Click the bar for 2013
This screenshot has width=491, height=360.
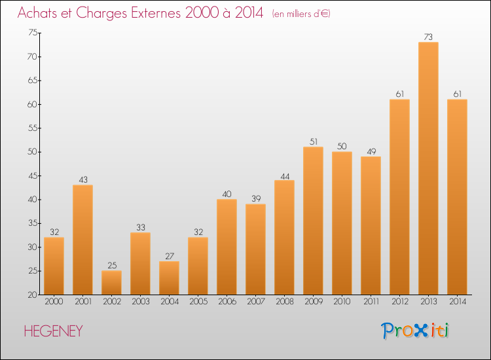pyautogui.click(x=428, y=168)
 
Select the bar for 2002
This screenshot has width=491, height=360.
pyautogui.click(x=111, y=283)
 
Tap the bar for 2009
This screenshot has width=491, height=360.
pyautogui.click(x=313, y=221)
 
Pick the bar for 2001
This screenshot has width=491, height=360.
pyautogui.click(x=82, y=240)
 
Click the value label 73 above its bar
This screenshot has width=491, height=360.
pyautogui.click(x=428, y=37)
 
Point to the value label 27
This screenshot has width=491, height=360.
pyautogui.click(x=170, y=256)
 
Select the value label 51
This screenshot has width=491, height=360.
pyautogui.click(x=314, y=141)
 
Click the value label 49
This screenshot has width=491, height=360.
pyautogui.click(x=371, y=151)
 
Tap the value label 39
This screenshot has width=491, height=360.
pyautogui.click(x=256, y=198)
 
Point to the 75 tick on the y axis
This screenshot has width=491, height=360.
pyautogui.click(x=33, y=33)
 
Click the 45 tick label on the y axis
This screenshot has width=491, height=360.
pyautogui.click(x=33, y=175)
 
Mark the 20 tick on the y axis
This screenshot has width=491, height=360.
pyautogui.click(x=33, y=295)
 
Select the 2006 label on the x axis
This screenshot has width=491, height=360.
pyautogui.click(x=227, y=302)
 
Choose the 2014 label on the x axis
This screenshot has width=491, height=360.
pyautogui.click(x=458, y=302)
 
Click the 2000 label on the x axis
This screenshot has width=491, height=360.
pyautogui.click(x=54, y=302)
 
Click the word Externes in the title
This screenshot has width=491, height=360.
pyautogui.click(x=156, y=13)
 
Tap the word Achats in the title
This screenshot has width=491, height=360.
pyautogui.click(x=37, y=13)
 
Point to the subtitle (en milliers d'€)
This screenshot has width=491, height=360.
pyautogui.click(x=301, y=14)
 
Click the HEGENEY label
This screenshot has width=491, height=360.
pyautogui.click(x=53, y=331)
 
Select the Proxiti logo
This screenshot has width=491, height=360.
pyautogui.click(x=415, y=331)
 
